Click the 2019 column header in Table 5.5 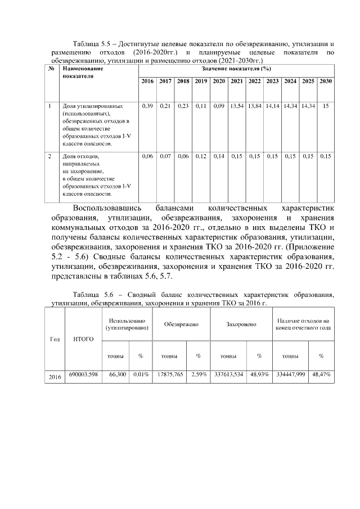[x=201, y=81]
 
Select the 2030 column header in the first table [x=325, y=81]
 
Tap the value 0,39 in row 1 [x=147, y=106]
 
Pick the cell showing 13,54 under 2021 [x=236, y=106]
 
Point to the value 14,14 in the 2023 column [x=272, y=106]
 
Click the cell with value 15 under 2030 [x=325, y=106]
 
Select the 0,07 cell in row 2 [x=165, y=156]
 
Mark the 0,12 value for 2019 [x=201, y=156]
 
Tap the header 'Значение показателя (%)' [x=236, y=68]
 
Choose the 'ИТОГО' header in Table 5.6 [x=84, y=339]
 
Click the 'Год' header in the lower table [x=55, y=339]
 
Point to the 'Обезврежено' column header [x=181, y=324]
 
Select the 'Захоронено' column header [x=241, y=324]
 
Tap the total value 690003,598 [x=84, y=374]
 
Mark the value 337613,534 [x=229, y=374]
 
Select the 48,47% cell [x=321, y=374]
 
